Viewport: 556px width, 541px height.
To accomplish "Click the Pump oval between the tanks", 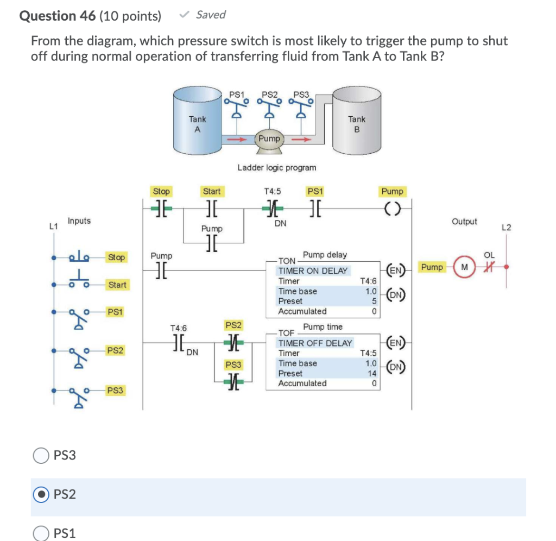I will [x=269, y=139].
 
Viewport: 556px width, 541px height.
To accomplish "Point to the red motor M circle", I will [x=464, y=267].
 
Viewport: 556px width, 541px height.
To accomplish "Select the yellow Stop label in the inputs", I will [x=116, y=257].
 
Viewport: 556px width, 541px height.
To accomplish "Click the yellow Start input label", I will [x=117, y=285].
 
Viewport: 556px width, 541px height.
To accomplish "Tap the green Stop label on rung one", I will [x=161, y=191].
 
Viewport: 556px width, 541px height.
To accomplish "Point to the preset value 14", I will [x=372, y=373].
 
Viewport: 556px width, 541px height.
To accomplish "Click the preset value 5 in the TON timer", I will [x=374, y=301].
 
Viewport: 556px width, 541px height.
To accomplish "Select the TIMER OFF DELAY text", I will [x=315, y=343].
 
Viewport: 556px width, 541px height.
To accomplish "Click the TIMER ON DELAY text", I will [x=313, y=270].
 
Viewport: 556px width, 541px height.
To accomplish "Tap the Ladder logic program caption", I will [x=277, y=168].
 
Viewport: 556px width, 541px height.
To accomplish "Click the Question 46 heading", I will [x=90, y=16].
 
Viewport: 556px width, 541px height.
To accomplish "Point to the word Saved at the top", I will [x=211, y=15].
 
